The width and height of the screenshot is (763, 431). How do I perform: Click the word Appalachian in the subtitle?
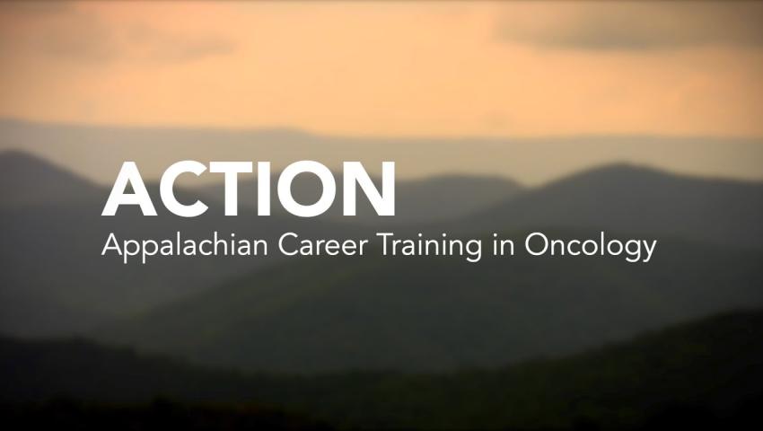[185, 246]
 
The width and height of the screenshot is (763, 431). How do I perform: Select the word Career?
[323, 245]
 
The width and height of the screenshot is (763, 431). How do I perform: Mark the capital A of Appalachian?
[112, 245]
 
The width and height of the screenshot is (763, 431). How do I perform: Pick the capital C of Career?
[287, 245]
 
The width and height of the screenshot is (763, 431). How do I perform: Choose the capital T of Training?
[386, 245]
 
